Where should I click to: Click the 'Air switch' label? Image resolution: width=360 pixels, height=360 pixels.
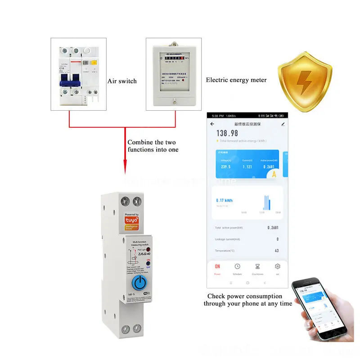coord(122,81)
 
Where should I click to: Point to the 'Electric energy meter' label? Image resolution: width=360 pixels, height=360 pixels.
coord(236,80)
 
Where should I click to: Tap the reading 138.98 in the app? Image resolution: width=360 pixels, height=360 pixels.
coord(227,133)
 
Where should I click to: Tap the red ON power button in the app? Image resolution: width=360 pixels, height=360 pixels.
coord(217,266)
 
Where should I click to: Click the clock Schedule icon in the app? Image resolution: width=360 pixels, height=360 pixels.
coord(237,266)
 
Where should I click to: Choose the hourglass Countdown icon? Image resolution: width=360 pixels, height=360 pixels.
coord(257,266)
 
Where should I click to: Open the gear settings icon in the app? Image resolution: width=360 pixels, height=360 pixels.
coord(278,266)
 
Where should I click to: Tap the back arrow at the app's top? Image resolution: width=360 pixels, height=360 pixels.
coord(212,124)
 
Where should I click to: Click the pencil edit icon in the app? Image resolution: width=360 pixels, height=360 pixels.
coord(283,124)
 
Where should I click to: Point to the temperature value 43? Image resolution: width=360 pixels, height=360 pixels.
coord(277,251)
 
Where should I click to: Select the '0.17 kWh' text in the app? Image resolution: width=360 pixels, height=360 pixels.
coord(224,200)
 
